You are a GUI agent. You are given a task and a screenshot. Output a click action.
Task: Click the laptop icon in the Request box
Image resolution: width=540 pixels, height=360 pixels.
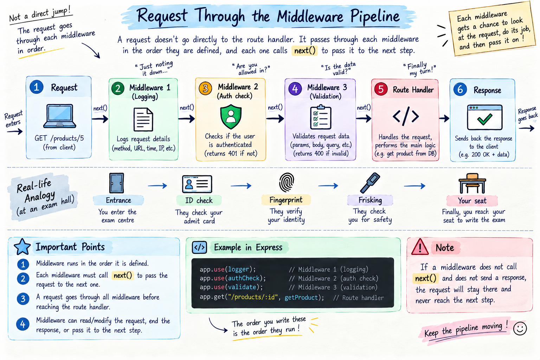[x=59, y=116]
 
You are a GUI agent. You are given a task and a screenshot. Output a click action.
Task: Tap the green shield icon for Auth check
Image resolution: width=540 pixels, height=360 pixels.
[x=231, y=117]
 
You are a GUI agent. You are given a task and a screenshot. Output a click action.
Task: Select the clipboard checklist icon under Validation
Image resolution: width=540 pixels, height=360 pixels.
[x=321, y=117]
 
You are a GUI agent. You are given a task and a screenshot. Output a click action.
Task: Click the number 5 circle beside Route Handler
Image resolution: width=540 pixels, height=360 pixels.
[x=381, y=89]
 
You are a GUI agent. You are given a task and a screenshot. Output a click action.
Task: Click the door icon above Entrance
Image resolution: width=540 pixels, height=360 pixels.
[x=117, y=183]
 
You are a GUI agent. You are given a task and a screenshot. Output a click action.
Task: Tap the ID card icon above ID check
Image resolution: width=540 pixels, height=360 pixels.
[x=197, y=184]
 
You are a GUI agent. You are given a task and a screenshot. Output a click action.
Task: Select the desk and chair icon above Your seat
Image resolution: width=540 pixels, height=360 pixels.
[x=472, y=183]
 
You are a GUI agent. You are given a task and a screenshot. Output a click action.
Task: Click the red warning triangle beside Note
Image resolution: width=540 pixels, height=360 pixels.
[x=420, y=247]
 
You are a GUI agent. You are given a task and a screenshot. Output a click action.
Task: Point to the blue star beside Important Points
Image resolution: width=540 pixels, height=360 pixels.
[x=22, y=247]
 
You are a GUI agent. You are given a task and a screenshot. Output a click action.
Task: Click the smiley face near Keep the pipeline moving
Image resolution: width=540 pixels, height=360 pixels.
[x=520, y=328]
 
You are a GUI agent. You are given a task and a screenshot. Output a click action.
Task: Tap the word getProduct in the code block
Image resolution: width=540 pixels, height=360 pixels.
[x=301, y=297]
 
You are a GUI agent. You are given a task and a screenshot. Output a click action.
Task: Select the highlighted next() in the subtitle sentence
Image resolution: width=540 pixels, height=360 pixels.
[x=305, y=51]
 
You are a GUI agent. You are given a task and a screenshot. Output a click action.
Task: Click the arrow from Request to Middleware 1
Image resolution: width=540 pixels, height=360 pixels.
[x=100, y=118]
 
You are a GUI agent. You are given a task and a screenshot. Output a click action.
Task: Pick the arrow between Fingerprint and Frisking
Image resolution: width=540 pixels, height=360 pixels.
[x=328, y=186]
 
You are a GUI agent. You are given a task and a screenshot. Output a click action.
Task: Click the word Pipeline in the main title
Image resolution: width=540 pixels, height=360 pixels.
[x=375, y=17]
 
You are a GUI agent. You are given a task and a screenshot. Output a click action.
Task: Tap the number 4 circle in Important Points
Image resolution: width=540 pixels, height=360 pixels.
[x=23, y=324]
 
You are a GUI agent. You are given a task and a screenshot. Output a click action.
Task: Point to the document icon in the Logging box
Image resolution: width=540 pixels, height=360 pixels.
[x=143, y=120]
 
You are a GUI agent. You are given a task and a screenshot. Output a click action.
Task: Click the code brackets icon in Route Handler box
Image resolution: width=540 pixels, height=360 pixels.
[x=406, y=116]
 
